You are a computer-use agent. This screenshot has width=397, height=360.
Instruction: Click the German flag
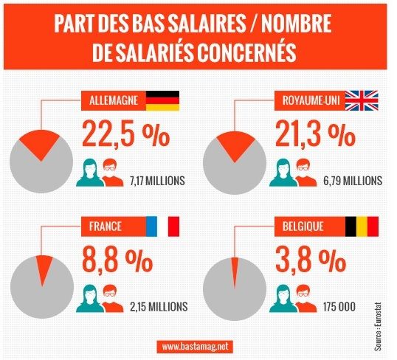(162, 101)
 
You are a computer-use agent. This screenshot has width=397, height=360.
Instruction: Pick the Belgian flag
(362, 226)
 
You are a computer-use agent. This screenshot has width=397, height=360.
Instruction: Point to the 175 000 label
(333, 305)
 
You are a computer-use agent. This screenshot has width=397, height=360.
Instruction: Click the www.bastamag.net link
(198, 345)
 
